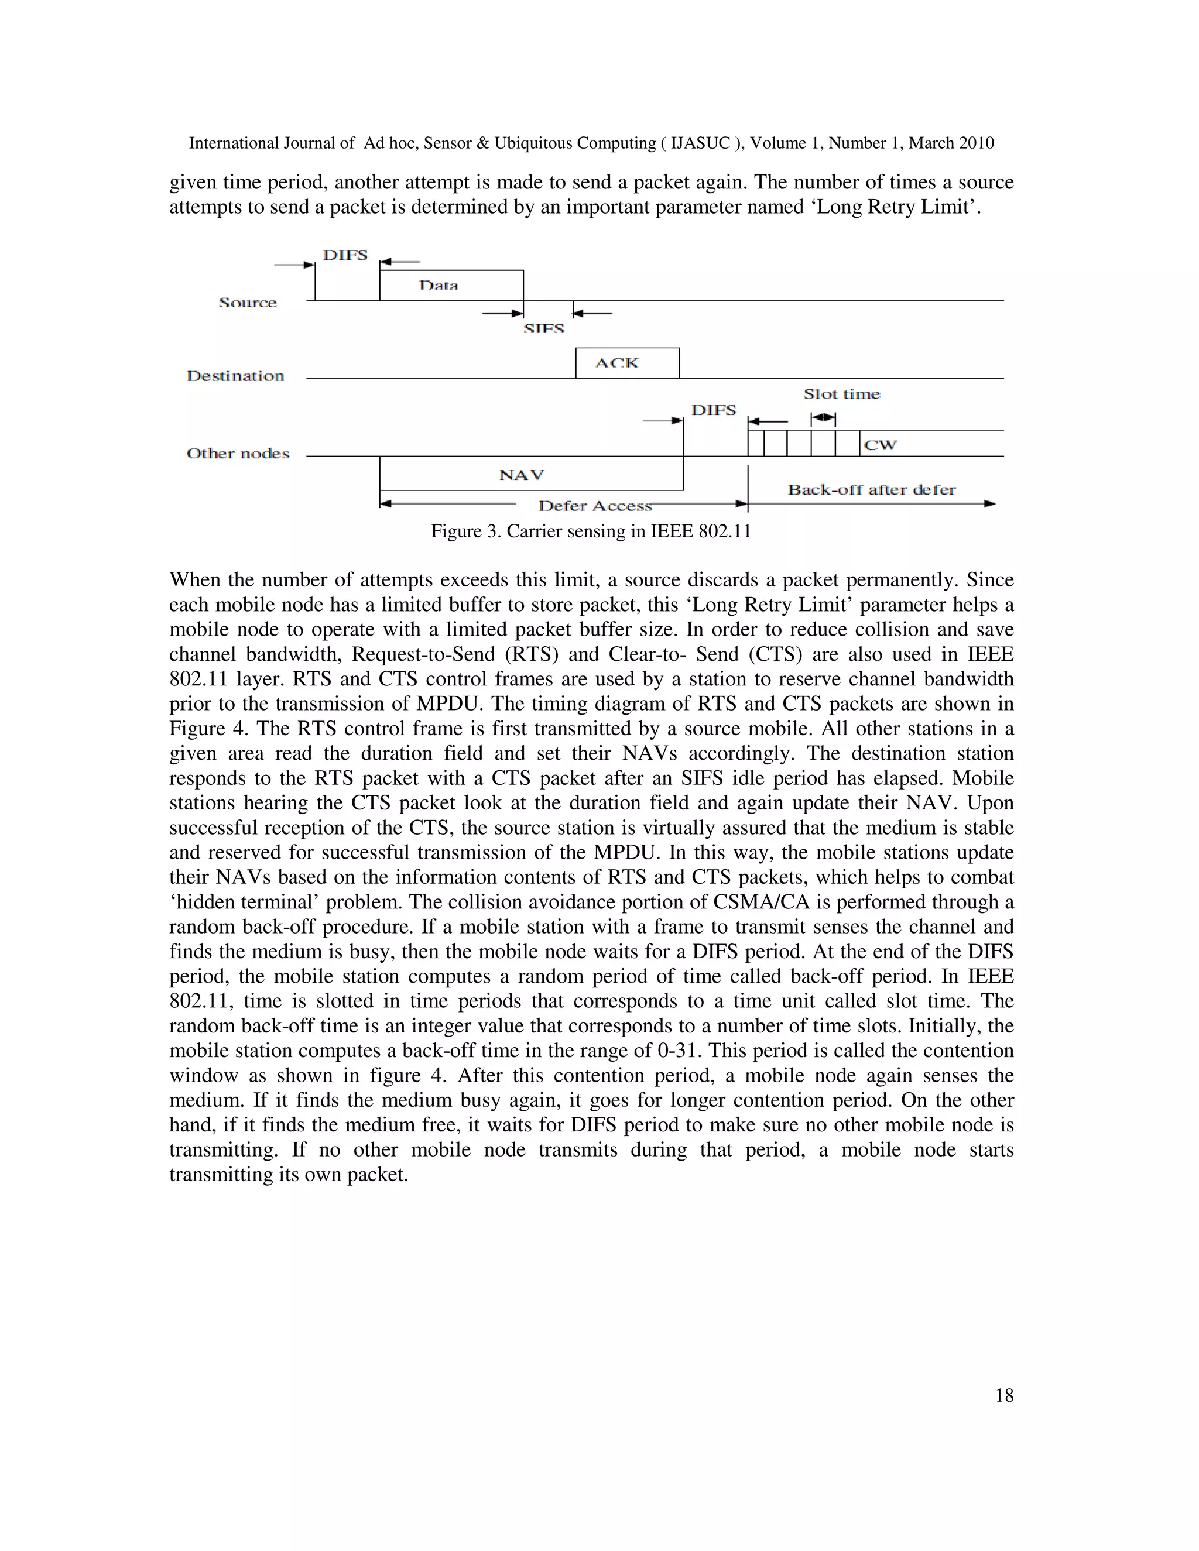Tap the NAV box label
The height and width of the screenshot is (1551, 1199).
(522, 475)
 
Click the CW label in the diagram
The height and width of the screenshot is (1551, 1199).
(880, 445)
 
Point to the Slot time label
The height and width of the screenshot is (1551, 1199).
(841, 394)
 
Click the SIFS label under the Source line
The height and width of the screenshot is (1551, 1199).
(543, 329)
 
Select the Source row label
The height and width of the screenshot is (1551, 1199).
(247, 303)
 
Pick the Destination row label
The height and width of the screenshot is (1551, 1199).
(235, 376)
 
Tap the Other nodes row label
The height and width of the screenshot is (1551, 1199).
(238, 454)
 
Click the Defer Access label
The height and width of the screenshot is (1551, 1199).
(595, 506)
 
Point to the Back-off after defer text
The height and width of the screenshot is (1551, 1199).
(872, 489)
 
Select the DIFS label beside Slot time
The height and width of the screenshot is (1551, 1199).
(713, 410)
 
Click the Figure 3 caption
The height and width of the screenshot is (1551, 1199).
(590, 531)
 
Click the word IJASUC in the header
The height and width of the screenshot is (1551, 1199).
(700, 143)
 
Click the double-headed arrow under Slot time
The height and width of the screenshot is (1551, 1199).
(823, 417)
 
